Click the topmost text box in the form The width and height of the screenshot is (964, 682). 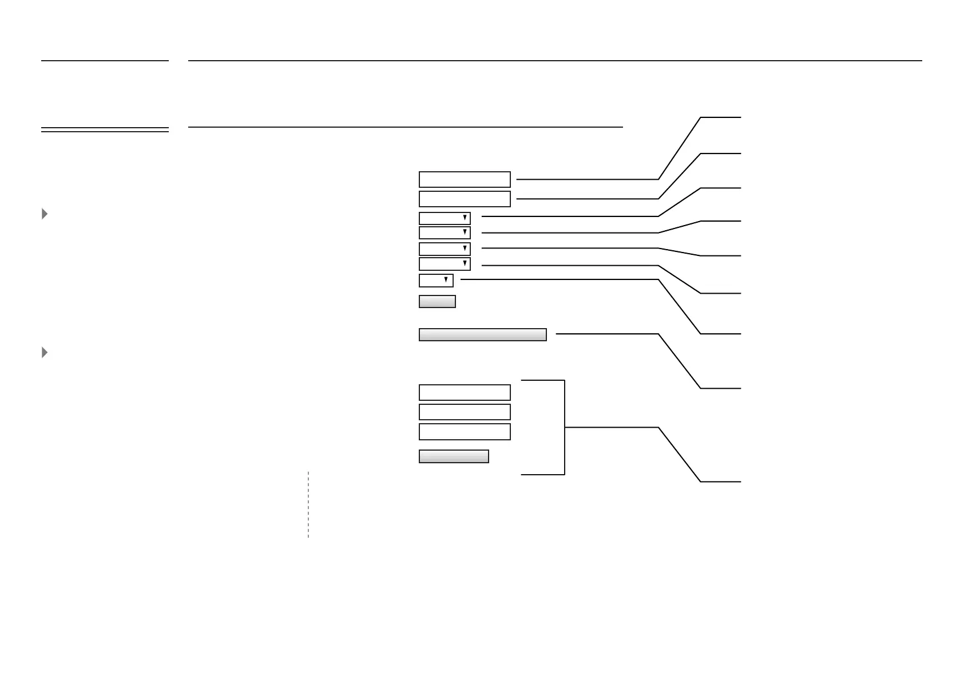point(465,179)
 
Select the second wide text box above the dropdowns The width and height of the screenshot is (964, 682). point(465,199)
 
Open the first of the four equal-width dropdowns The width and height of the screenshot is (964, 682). point(445,218)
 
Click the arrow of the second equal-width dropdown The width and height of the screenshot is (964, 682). point(465,232)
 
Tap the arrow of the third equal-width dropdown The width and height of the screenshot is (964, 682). point(465,249)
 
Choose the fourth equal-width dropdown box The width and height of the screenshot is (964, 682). point(445,264)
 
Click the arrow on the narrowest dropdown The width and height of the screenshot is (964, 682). point(446,280)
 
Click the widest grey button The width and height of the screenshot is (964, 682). point(482,334)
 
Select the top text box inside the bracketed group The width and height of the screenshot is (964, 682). point(465,392)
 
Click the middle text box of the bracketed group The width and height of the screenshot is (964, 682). point(465,412)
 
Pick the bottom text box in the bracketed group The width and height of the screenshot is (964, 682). point(465,431)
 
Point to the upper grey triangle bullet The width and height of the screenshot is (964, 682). point(45,214)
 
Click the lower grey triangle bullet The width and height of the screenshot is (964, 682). point(45,353)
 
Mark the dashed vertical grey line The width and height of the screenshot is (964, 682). point(308,504)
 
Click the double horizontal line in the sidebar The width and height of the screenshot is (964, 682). point(105,129)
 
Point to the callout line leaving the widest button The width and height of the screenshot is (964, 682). point(606,333)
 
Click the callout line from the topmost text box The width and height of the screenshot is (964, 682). point(586,179)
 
